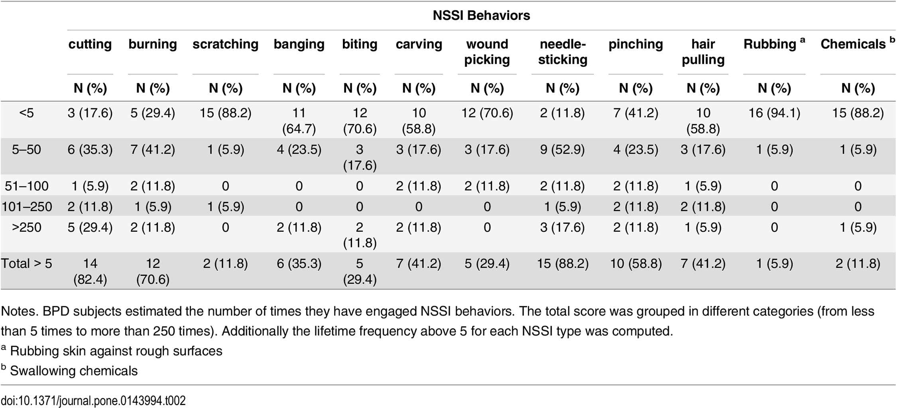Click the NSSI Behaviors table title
pos(481,15)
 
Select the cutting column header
pos(90,44)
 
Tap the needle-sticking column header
pos(563,52)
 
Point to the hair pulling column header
pos(703,52)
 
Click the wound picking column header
pos(487,52)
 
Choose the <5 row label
pos(27,113)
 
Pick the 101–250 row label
pos(27,207)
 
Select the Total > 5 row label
pos(26,264)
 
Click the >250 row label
pos(27,227)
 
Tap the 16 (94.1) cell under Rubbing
pos(774,113)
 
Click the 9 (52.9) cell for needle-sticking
pos(563,150)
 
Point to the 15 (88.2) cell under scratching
pos(226,113)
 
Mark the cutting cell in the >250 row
pos(90,227)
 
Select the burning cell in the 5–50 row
pos(153,150)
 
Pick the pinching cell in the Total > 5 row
pos(636,264)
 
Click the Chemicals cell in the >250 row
pos(858,227)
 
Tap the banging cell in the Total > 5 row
pos(299,264)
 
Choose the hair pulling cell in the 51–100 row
pos(703,186)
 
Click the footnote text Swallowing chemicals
pos(74,371)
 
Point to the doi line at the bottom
pos(93,400)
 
